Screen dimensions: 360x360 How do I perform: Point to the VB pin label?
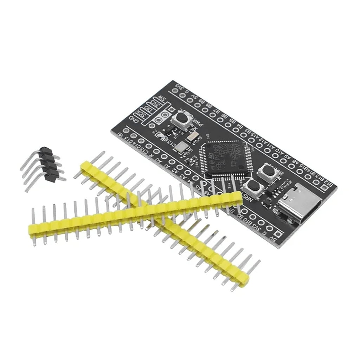(x=121, y=135)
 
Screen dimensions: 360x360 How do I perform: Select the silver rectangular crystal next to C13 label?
(x=182, y=148)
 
